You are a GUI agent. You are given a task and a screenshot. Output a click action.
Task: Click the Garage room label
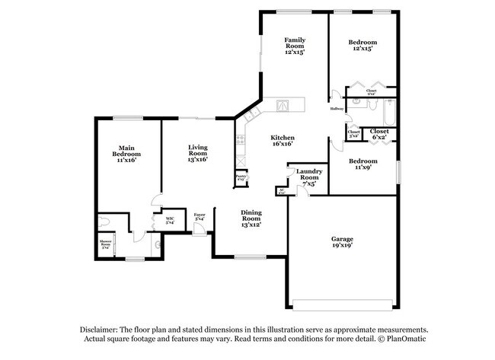(342, 244)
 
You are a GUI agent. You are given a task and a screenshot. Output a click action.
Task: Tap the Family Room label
(295, 46)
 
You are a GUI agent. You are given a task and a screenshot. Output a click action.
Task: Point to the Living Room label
(198, 153)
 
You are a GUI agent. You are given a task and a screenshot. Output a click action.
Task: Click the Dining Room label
(251, 218)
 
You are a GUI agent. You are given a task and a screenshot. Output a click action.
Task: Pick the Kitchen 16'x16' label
(282, 140)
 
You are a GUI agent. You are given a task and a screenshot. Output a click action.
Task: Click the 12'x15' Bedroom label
(362, 45)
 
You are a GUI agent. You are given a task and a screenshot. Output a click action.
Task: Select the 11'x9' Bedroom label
(362, 164)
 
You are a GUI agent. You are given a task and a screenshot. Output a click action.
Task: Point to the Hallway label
(337, 110)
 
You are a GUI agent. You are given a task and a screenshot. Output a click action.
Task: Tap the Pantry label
(241, 178)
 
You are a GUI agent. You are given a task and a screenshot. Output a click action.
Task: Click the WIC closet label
(171, 220)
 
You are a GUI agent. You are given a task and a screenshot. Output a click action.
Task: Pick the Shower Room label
(106, 245)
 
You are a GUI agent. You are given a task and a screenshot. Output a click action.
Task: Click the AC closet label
(281, 192)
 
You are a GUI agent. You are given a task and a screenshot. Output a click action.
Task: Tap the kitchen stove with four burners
(240, 141)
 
